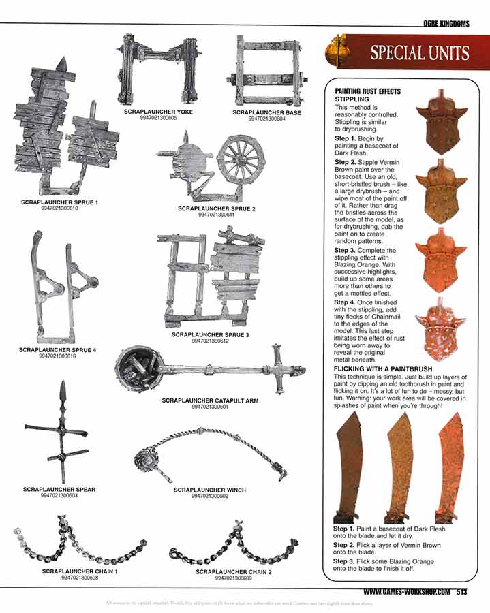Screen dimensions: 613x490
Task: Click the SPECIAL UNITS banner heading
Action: [x=418, y=53]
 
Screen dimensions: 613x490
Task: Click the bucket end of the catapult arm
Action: [x=140, y=368]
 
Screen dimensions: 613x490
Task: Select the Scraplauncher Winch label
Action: [x=209, y=490]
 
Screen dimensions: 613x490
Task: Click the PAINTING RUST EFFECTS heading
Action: [x=367, y=91]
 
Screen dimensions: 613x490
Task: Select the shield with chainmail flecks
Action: [x=443, y=330]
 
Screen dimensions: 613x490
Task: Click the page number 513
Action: [x=462, y=591]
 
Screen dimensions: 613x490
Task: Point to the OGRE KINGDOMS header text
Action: [x=446, y=24]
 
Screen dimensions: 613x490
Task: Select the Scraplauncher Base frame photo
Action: [x=267, y=71]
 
